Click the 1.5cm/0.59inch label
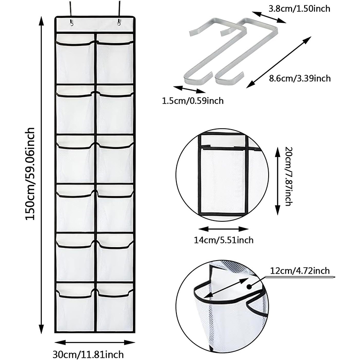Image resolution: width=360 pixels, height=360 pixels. (193, 101)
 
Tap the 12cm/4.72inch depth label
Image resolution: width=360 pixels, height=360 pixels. (300, 270)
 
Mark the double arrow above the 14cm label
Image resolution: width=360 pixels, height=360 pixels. (224, 228)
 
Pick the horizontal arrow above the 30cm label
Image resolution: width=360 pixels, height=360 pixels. (95, 342)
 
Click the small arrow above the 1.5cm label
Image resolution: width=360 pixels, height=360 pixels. (185, 89)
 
